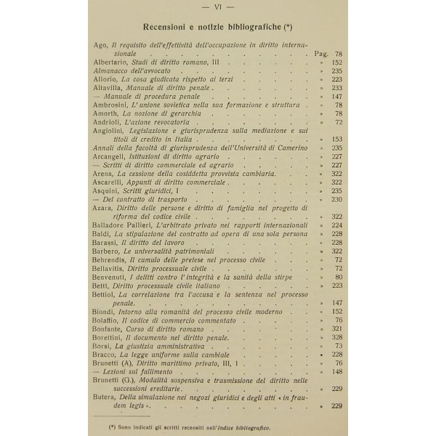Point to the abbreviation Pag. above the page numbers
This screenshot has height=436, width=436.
pyautogui.click(x=322, y=54)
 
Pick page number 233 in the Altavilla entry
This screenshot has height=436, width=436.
pyautogui.click(x=336, y=88)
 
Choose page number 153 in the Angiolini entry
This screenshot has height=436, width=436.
pyautogui.click(x=336, y=139)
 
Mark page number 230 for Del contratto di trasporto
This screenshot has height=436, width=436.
pyautogui.click(x=336, y=198)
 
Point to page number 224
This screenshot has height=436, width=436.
pyautogui.click(x=336, y=226)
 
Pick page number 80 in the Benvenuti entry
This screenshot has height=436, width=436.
pyautogui.click(x=339, y=277)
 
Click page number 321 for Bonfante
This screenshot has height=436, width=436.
pyautogui.click(x=336, y=328)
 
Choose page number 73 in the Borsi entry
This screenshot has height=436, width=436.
pyautogui.click(x=339, y=346)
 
